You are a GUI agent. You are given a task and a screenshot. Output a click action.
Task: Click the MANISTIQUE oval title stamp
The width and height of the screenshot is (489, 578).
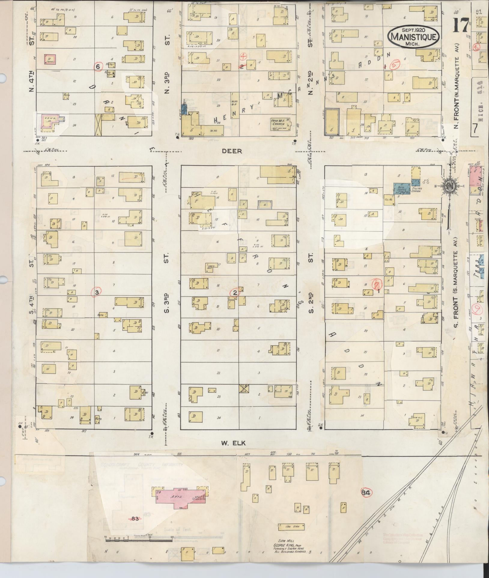tap(414, 37)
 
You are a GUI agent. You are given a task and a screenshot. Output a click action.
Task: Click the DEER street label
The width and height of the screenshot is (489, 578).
tap(232, 151)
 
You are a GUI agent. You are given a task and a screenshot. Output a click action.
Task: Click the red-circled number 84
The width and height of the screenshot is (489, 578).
tap(367, 492)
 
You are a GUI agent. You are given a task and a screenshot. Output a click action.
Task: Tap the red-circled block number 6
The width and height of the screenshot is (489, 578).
tap(98, 66)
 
